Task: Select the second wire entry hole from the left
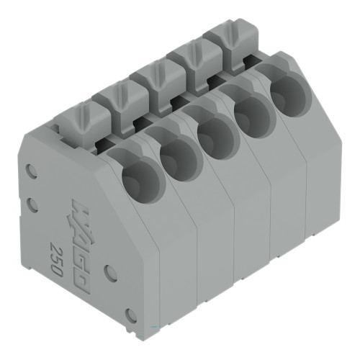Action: [x=177, y=157]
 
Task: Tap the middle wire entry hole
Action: [x=214, y=135]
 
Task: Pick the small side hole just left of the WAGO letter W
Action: [x=32, y=205]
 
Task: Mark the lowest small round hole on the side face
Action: [x=131, y=315]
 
